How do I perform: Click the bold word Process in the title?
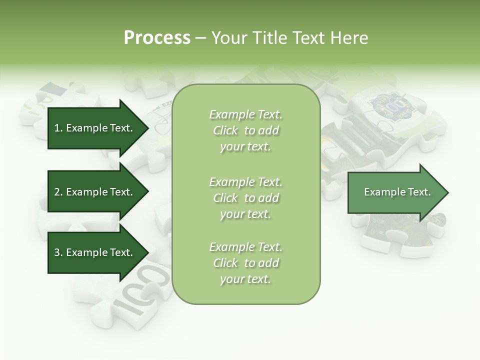(157, 38)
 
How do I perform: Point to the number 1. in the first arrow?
(58, 128)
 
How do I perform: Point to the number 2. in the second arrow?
(58, 192)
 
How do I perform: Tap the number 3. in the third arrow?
(58, 252)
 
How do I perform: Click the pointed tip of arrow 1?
(146, 128)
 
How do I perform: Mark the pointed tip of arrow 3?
(146, 252)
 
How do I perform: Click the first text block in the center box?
(245, 130)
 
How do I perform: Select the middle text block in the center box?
(245, 197)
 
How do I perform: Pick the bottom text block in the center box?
(245, 263)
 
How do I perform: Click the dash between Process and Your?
(200, 38)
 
